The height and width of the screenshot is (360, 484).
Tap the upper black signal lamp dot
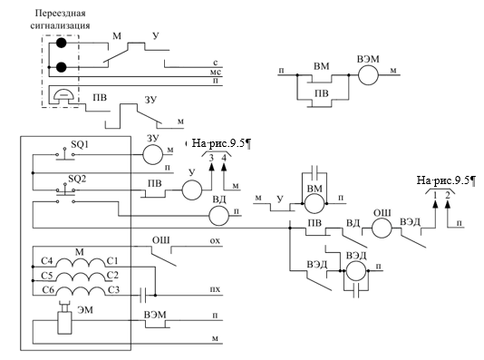coord(61,43)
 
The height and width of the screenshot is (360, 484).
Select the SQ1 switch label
coord(80,144)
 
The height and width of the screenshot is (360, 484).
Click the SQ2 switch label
coord(77,179)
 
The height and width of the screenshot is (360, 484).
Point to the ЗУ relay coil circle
coord(152,154)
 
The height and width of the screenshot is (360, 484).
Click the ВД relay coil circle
coord(219,216)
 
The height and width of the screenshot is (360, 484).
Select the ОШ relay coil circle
coord(382,228)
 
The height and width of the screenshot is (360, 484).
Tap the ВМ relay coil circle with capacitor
coord(315,203)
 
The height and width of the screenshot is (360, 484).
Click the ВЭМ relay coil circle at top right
coord(368,74)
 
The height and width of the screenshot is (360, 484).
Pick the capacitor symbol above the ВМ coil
coord(315,170)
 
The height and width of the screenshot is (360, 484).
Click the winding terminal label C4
coord(47,261)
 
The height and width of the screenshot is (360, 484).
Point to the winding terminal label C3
coord(113,290)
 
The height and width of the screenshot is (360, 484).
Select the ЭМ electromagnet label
coord(85,310)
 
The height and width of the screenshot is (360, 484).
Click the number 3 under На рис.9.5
coord(211,158)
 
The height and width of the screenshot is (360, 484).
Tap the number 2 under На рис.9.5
coord(448,195)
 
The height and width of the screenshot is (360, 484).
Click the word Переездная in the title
coord(60,14)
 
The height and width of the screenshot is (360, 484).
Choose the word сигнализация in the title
coord(60,25)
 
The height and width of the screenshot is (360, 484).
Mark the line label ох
coord(215,240)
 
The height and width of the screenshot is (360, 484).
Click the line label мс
coord(216,73)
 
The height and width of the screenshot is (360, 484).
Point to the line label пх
coord(215,289)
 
